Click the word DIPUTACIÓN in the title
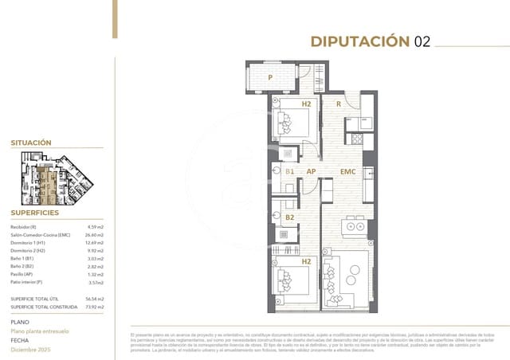click(x=359, y=42)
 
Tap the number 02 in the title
click(x=422, y=42)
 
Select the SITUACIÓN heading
click(x=31, y=143)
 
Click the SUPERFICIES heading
click(x=35, y=213)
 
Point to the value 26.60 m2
click(x=95, y=235)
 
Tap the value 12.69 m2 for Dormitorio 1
click(x=95, y=243)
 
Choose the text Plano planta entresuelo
click(x=40, y=330)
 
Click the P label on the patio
click(x=271, y=78)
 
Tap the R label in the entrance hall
click(x=339, y=104)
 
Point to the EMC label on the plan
click(x=347, y=171)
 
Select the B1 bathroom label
click(x=289, y=171)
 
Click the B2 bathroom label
click(x=289, y=217)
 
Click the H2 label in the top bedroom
click(x=306, y=104)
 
